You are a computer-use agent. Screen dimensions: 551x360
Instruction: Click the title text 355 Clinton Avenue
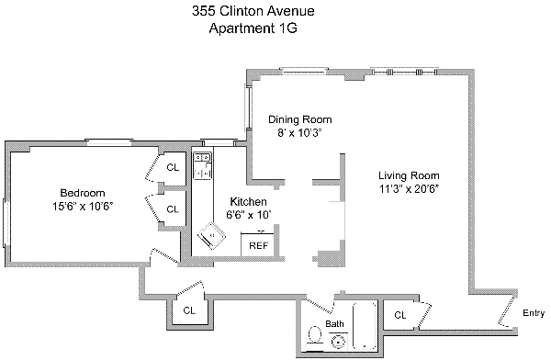pyautogui.click(x=253, y=11)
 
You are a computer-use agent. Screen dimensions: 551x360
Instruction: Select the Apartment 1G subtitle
pyautogui.click(x=253, y=28)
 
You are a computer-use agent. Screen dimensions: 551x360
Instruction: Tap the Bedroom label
pyautogui.click(x=83, y=193)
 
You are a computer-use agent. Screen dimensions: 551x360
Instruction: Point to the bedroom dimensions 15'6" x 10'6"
pyautogui.click(x=83, y=206)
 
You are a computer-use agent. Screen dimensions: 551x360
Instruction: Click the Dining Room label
pyautogui.click(x=299, y=119)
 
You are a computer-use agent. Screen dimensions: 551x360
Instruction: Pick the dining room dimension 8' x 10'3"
pyautogui.click(x=299, y=133)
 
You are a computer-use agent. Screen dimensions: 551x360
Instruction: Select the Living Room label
pyautogui.click(x=409, y=175)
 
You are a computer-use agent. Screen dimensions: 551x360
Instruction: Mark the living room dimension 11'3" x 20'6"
pyautogui.click(x=409, y=189)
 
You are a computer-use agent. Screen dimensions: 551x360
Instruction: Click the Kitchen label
pyautogui.click(x=249, y=201)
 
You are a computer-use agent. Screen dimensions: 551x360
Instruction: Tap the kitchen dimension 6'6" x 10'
pyautogui.click(x=249, y=215)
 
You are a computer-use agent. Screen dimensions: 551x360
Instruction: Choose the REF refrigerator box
pyautogui.click(x=257, y=244)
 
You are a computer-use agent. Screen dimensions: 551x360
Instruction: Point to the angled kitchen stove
pyautogui.click(x=211, y=235)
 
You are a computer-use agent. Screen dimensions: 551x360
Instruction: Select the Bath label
pyautogui.click(x=334, y=323)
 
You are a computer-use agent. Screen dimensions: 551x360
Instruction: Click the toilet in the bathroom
pyautogui.click(x=314, y=339)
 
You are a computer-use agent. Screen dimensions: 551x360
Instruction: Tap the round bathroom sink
pyautogui.click(x=339, y=342)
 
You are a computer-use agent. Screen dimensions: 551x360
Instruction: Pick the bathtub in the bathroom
pyautogui.click(x=365, y=325)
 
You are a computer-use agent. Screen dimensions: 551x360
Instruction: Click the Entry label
pyautogui.click(x=534, y=313)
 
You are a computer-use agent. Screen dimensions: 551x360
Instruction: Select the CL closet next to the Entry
pyautogui.click(x=399, y=315)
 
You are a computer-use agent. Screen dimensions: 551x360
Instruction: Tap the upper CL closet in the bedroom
pyautogui.click(x=173, y=168)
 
